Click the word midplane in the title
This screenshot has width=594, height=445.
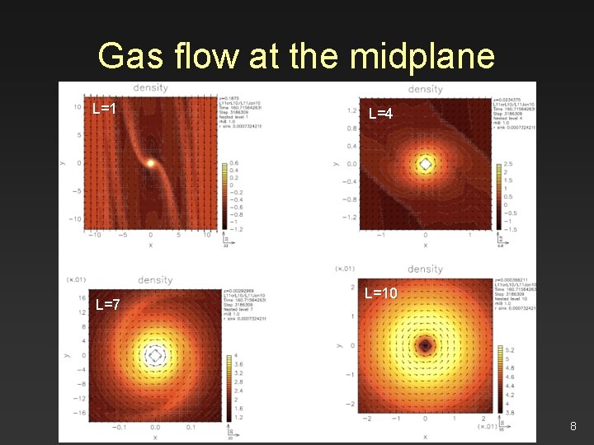click(422, 56)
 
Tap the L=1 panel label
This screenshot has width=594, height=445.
click(104, 108)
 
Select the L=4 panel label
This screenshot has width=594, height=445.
click(381, 113)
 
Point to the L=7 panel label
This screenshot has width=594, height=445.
click(108, 305)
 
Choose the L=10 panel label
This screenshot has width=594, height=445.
click(381, 293)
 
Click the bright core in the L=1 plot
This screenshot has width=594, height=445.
click(151, 163)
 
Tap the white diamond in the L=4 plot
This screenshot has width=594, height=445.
click(425, 164)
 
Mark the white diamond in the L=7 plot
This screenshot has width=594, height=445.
click(155, 355)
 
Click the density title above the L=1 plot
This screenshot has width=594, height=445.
click(150, 87)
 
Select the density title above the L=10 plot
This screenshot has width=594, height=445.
click(426, 269)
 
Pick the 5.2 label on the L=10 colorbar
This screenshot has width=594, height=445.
click(509, 350)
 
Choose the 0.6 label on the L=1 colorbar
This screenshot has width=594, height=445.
click(234, 163)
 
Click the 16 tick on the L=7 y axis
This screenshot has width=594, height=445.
click(82, 297)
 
